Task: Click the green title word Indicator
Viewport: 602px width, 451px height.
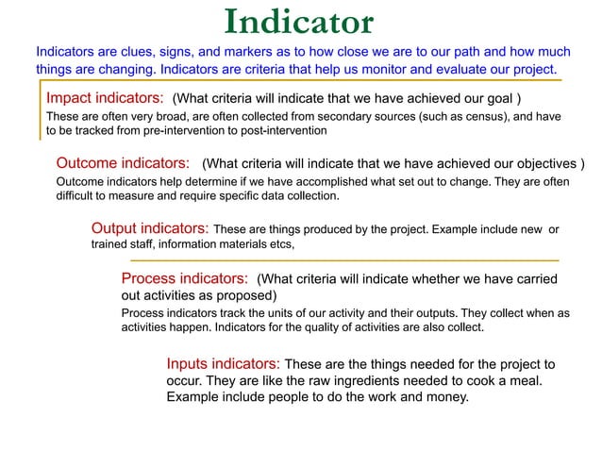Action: point(300,22)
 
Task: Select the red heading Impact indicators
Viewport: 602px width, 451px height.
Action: point(106,98)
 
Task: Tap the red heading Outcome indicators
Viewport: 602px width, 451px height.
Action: point(125,161)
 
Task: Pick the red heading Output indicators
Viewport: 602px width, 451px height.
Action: point(150,228)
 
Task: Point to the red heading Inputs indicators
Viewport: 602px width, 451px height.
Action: point(223,363)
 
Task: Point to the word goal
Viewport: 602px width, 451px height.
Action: point(499,99)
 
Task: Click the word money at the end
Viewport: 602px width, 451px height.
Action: point(446,397)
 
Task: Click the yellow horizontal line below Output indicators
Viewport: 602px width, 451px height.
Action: point(343,259)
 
